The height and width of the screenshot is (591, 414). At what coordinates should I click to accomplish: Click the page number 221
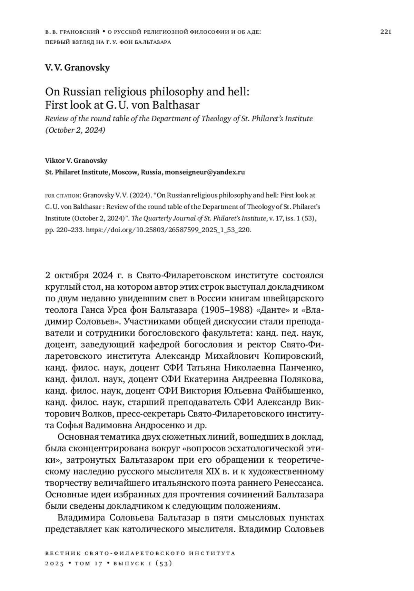click(385, 32)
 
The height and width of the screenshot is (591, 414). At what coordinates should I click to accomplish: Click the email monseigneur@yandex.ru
click(205, 172)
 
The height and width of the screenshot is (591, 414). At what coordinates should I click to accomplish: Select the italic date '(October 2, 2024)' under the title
click(75, 130)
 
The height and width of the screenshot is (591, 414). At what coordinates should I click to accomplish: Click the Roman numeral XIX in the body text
click(214, 471)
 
